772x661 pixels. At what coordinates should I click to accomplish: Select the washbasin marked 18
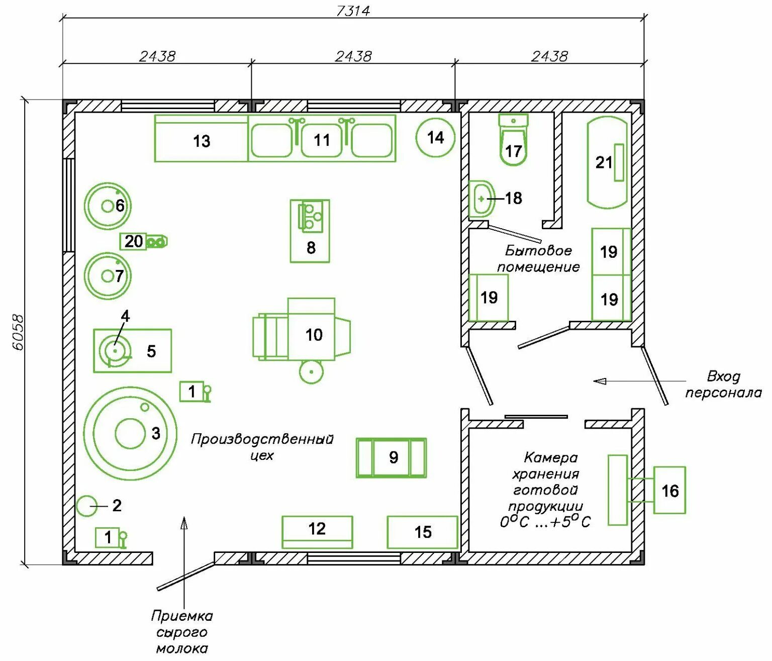(x=481, y=199)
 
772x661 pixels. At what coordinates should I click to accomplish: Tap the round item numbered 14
(x=435, y=137)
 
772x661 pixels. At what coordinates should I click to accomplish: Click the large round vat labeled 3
(x=130, y=433)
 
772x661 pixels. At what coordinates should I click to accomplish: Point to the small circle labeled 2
(x=87, y=506)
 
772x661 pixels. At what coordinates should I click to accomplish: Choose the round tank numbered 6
(x=108, y=206)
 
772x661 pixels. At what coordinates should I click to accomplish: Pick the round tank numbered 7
(x=108, y=275)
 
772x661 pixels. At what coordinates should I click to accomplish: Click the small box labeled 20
(x=133, y=241)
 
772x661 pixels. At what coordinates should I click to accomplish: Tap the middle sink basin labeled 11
(x=322, y=140)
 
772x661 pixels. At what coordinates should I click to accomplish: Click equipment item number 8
(x=310, y=232)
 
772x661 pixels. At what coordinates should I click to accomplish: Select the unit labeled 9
(x=392, y=457)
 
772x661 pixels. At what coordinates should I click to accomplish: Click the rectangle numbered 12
(x=317, y=532)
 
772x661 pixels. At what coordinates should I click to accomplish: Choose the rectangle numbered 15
(x=422, y=532)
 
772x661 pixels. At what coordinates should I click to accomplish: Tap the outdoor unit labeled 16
(x=669, y=491)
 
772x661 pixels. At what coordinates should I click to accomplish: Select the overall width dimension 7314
(x=353, y=11)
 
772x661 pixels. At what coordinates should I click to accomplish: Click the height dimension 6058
(x=18, y=332)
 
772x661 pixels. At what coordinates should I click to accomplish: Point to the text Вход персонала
(x=723, y=385)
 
